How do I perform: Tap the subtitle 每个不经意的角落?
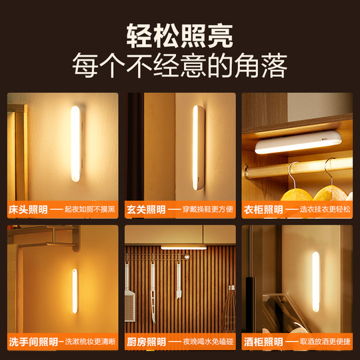coord(179,67)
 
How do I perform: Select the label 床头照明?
coord(27,209)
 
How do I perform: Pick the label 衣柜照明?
coord(262,209)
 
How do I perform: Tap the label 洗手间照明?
coord(32,342)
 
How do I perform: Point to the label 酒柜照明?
coord(262,342)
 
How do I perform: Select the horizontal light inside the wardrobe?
coord(298,143)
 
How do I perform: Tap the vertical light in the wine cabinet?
coord(316,281)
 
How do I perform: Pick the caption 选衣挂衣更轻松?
coord(325,209)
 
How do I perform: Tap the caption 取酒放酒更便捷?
coord(325,342)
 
